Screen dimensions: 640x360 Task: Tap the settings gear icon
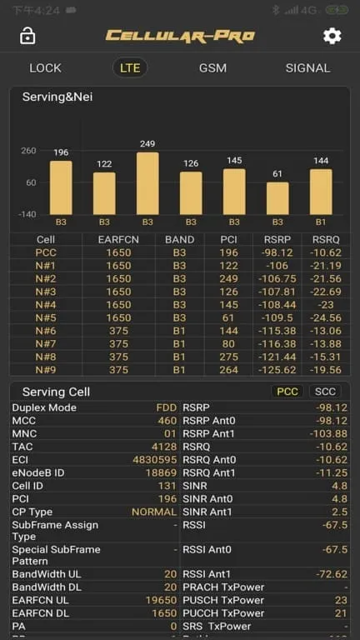click(x=332, y=36)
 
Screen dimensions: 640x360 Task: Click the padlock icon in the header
click(x=27, y=36)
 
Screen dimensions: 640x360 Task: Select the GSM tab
click(x=212, y=67)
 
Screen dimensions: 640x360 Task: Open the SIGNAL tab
click(x=307, y=67)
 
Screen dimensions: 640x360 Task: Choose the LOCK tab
click(x=45, y=67)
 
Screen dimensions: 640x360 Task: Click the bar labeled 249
click(x=147, y=183)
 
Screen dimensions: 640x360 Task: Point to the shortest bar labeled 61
click(x=277, y=198)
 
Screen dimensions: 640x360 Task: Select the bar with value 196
click(x=61, y=187)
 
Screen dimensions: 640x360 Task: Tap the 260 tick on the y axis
click(x=28, y=151)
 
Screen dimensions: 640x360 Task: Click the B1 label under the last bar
click(x=321, y=222)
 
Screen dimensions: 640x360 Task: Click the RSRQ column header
click(x=326, y=239)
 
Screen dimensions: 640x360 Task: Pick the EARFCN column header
click(x=118, y=239)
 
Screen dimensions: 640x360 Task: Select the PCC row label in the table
click(x=46, y=252)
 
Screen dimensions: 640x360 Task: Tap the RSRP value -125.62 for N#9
click(x=279, y=370)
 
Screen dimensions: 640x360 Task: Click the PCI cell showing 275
click(x=228, y=357)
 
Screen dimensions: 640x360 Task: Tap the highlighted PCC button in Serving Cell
click(x=287, y=392)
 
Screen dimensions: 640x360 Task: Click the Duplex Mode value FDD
click(x=167, y=407)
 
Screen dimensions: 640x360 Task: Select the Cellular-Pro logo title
click(x=179, y=36)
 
